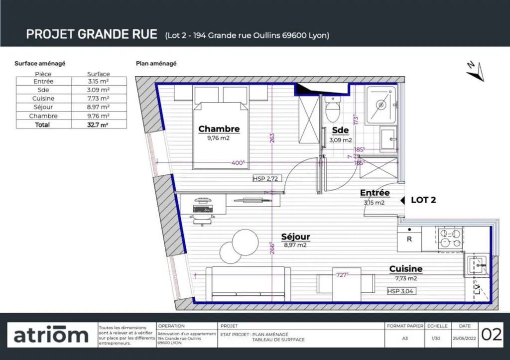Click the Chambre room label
tap(219, 129)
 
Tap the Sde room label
tap(340, 130)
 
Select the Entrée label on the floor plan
tap(375, 193)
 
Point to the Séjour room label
tap(295, 237)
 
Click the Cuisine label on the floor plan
tap(405, 269)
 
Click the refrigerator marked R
tap(409, 239)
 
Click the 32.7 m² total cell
tap(98, 124)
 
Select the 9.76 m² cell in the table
tap(98, 116)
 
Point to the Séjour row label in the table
tap(43, 107)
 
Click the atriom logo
tap(51, 335)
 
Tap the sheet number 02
tap(491, 335)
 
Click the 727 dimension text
tap(341, 274)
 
